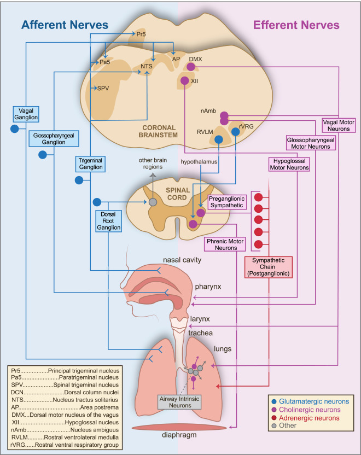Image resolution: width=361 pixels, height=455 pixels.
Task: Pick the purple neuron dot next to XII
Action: click(185, 81)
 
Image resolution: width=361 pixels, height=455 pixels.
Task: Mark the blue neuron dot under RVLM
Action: click(218, 140)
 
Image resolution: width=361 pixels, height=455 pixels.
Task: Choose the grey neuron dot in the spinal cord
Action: click(153, 202)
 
